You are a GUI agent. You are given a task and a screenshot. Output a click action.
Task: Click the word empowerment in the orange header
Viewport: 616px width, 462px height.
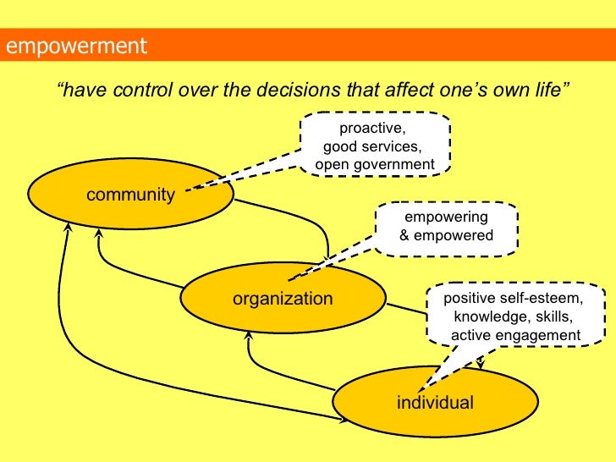coord(76,45)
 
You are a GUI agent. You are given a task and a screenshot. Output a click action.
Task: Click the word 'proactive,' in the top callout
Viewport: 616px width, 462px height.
coord(373,129)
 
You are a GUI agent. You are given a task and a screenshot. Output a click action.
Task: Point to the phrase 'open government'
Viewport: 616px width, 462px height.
coord(374,163)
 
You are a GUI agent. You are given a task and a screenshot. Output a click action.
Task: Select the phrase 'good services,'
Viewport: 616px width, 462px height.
coord(373,146)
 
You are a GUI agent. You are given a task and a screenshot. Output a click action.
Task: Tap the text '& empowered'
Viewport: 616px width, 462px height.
coord(445,235)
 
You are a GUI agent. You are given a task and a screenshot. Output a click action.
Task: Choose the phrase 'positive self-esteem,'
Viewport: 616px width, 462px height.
coord(514,299)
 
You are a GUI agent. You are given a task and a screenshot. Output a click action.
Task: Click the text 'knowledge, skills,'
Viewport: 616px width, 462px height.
coord(514,317)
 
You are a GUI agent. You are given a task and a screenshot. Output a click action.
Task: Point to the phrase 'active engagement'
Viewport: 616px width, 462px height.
coord(516,336)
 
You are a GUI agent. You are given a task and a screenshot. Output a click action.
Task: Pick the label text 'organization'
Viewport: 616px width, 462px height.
coord(283,299)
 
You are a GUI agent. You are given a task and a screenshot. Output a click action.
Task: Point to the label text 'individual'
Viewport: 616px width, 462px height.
coord(435,402)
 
